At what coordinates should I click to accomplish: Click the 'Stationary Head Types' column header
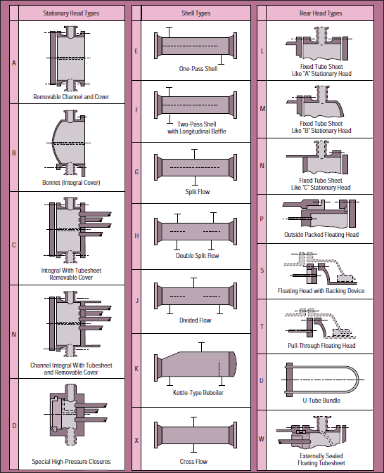coord(71,13)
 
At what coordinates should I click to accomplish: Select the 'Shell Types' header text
coord(196,13)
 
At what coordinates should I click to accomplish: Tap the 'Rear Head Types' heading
coord(321,13)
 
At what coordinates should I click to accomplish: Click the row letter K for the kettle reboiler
coord(136,369)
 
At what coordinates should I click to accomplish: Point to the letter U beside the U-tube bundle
coord(262,381)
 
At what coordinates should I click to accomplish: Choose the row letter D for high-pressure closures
coord(14,426)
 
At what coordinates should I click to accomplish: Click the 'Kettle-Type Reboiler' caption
coord(198,393)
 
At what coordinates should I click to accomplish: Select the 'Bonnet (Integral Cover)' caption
coord(71,183)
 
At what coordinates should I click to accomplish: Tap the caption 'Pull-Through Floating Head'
coord(321,345)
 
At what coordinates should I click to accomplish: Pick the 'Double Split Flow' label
coord(198,256)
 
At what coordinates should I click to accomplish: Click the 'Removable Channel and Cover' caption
coord(71,97)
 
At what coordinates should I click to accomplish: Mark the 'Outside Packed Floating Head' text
coord(321,234)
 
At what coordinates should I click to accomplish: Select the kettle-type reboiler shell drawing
coord(196,364)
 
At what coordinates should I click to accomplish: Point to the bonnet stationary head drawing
coord(69,143)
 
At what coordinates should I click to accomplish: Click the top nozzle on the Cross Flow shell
coord(193,422)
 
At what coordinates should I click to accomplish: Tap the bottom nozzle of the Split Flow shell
coord(195,181)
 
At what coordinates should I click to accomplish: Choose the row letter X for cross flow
coord(136,441)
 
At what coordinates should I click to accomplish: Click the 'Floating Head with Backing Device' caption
coord(321,291)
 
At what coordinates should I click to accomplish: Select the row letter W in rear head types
coord(262,439)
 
